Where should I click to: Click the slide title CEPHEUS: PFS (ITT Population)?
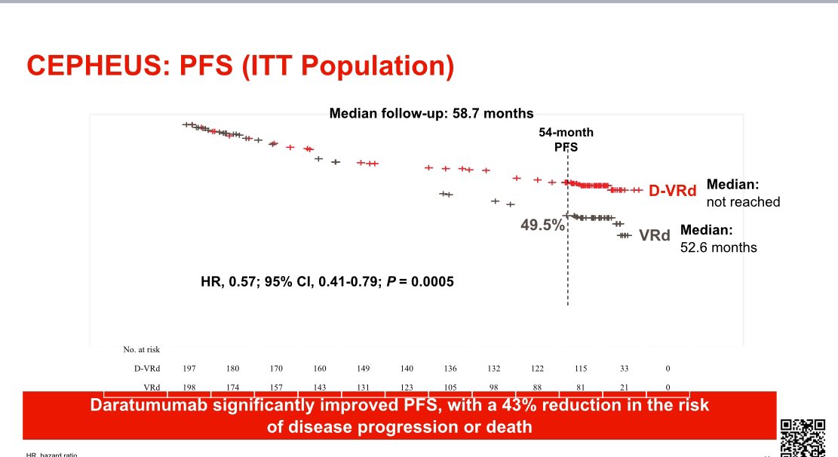(241, 66)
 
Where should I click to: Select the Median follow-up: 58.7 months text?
(431, 114)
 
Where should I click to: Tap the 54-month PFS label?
(566, 139)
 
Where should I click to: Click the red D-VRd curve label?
(673, 191)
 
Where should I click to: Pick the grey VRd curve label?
(654, 235)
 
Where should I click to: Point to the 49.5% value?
(542, 224)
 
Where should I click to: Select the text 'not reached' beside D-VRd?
(743, 202)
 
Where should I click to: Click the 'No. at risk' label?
(142, 349)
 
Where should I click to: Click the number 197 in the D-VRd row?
(190, 368)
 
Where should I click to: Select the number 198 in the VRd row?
(190, 387)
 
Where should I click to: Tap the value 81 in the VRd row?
(580, 387)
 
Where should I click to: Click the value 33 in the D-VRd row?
(624, 368)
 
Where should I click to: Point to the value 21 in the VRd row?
(624, 387)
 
